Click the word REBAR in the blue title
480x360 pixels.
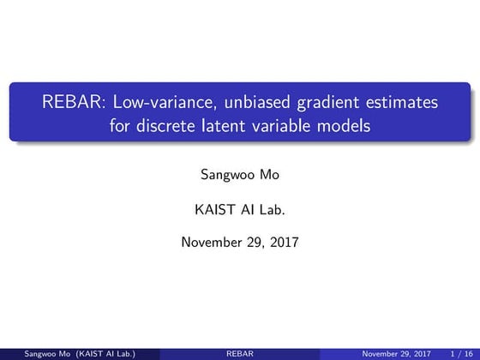[x=69, y=104]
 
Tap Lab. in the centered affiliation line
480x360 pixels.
[x=277, y=208]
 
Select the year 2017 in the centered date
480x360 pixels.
[x=282, y=242]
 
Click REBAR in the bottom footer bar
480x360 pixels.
[x=239, y=352]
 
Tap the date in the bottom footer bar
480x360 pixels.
[x=397, y=352]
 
